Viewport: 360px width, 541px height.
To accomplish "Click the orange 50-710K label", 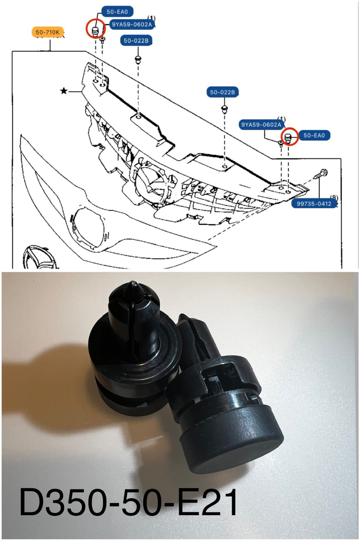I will coord(48,32).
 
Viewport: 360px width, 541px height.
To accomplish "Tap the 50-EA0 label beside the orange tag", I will coord(117,12).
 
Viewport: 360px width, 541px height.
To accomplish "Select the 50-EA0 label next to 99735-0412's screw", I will coord(314,135).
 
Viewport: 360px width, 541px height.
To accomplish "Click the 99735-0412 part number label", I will coord(314,204).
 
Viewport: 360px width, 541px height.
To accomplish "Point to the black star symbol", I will coord(64,91).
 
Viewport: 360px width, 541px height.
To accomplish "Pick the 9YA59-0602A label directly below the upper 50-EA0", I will coord(132,24).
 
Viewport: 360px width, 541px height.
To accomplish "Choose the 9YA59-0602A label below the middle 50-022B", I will coord(261,125).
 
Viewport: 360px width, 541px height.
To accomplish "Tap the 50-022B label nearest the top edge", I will coord(136,41).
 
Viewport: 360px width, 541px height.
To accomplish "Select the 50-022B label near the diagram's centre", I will coord(222,92).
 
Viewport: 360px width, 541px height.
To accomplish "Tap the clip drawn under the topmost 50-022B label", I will coord(138,59).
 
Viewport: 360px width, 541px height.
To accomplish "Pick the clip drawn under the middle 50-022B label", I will coord(224,109).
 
